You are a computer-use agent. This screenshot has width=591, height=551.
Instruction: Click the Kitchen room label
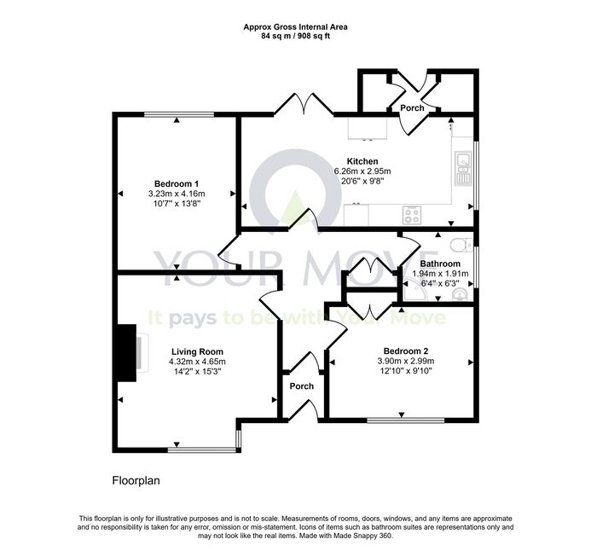[x=362, y=161]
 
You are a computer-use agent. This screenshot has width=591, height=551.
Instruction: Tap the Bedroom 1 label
[x=177, y=184]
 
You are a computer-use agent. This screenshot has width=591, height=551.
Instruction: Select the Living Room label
[x=197, y=351]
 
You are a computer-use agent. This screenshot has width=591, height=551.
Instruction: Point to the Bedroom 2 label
[x=406, y=351]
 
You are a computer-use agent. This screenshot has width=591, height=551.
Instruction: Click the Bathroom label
[x=440, y=264]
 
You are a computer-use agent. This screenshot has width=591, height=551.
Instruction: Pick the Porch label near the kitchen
[x=412, y=107]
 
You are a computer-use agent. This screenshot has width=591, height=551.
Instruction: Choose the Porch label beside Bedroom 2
[x=302, y=386]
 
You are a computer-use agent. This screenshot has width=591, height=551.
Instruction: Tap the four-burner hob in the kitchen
[x=411, y=216]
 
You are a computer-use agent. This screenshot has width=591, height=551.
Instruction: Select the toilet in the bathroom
[x=461, y=245]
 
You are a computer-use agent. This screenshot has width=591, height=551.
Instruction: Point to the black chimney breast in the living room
[x=127, y=353]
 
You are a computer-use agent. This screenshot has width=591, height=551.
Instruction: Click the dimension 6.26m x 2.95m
[x=362, y=171]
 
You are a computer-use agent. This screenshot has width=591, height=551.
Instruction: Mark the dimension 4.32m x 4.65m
[x=197, y=362]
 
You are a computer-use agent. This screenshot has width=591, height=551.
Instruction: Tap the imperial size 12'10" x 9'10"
[x=406, y=370]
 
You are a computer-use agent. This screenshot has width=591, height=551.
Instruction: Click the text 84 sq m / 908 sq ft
[x=295, y=36]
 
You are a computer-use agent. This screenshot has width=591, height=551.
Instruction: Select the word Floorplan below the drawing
[x=136, y=481]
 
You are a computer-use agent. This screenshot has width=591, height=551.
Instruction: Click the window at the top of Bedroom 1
[x=179, y=114]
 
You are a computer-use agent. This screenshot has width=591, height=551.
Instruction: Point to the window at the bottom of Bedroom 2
[x=406, y=420]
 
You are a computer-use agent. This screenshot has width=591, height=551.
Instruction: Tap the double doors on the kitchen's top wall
[x=304, y=104]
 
